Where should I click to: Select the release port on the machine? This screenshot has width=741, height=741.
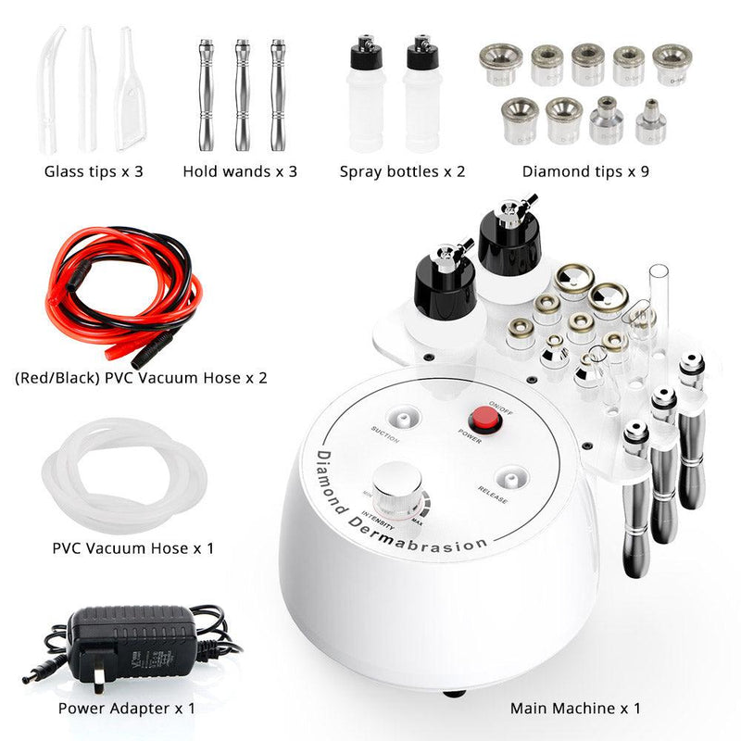(506, 478)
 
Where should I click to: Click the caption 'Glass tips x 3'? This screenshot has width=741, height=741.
(94, 171)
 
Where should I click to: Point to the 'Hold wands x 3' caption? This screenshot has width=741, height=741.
(240, 171)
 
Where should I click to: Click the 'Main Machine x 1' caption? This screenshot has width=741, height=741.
(575, 709)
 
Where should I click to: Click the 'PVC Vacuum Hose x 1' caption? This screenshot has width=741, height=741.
(133, 548)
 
